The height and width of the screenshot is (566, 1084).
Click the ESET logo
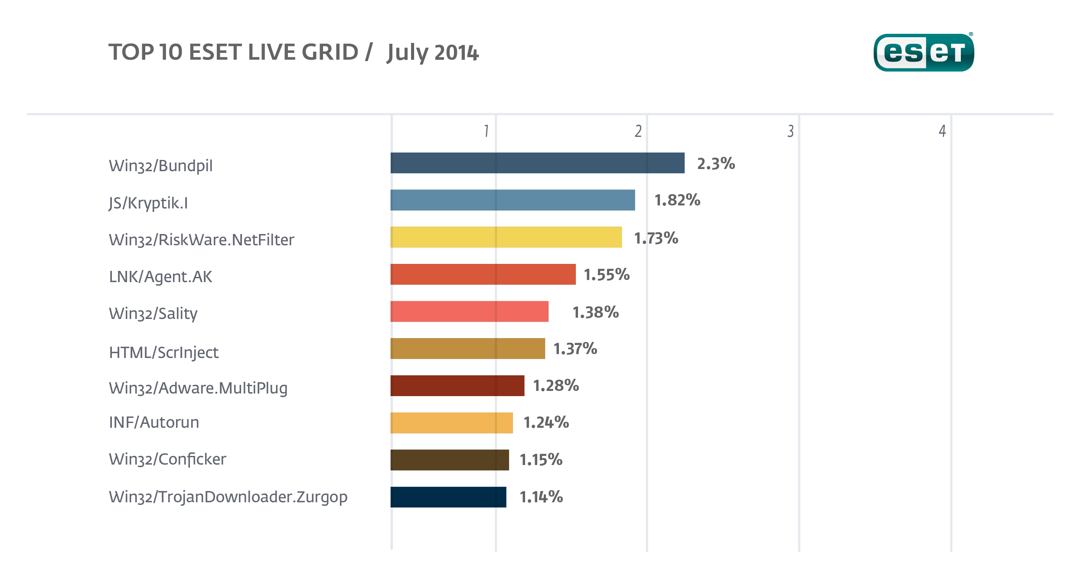coord(924,52)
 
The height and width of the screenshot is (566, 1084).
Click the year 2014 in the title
coord(457,53)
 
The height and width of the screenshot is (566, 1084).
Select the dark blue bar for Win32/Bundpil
coord(537,163)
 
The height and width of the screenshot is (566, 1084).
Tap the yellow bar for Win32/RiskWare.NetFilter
coord(506,237)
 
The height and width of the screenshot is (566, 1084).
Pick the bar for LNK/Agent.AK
coord(483,274)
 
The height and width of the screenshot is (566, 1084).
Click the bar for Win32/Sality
coord(469,312)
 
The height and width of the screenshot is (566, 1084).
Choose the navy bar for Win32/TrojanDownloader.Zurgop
coord(448,497)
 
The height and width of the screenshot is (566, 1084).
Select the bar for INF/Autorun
coord(451,423)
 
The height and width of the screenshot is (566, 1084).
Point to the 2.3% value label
coord(716,164)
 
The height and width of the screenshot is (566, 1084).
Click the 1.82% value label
coord(677,200)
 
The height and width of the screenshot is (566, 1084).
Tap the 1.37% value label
coord(575,349)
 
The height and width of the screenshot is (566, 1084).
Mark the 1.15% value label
coord(541,460)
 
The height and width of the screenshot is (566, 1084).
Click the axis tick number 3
coord(790,131)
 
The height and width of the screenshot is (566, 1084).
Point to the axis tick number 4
coord(942,131)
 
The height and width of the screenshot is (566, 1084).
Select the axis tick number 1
coord(486,131)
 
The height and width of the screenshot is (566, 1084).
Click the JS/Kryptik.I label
coord(148,203)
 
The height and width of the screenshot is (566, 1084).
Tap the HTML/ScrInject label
coord(163,353)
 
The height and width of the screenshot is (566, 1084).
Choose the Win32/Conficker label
coord(167,459)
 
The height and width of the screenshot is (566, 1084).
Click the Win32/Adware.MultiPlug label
coord(198,388)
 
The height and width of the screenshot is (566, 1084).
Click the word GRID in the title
coord(330,52)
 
